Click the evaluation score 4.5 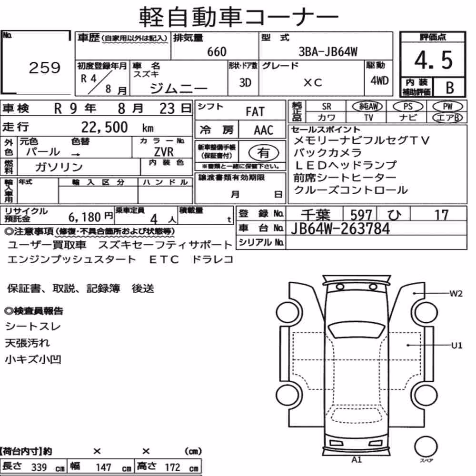coord(433,60)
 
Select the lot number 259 coord(45,68)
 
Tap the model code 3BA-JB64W coord(328,51)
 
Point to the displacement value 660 coord(217,51)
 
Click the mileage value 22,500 coord(104,127)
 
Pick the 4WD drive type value coord(379,80)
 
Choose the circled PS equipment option coord(408,107)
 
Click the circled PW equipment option coord(447,107)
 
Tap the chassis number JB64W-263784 coord(340,228)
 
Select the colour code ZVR coord(164,151)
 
